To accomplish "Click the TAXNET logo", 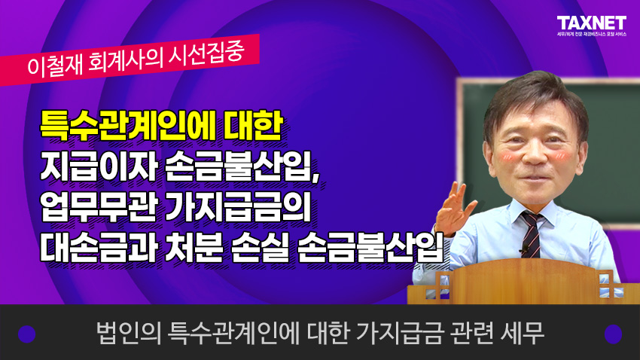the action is (x=591, y=23).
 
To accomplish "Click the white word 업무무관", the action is (x=99, y=207).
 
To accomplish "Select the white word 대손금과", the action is (x=99, y=247).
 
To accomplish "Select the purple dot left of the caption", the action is (x=27, y=334).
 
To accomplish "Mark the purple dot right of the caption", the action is (x=613, y=334).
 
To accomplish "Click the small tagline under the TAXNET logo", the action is (x=592, y=35).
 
